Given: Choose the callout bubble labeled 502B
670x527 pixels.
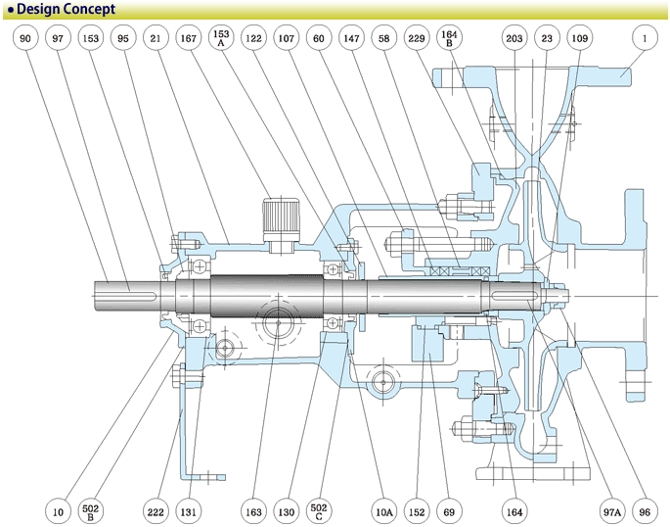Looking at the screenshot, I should [91, 510].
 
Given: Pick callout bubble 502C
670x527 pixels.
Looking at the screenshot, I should [319, 510].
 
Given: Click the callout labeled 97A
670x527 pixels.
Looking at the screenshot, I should [611, 510].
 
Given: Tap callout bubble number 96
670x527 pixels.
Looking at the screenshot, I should [644, 510].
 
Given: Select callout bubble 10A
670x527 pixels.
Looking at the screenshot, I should [384, 510].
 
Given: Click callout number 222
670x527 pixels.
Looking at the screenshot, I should [155, 510].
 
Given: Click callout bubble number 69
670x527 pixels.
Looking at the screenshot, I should [449, 510].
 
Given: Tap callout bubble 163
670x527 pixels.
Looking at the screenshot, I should [253, 510].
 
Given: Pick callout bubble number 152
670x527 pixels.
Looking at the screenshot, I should [417, 510].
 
